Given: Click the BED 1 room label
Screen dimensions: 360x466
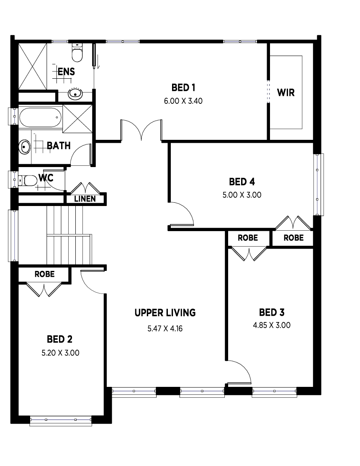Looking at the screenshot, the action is pos(183,88).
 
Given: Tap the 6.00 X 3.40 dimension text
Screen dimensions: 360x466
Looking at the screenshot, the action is pos(183,101).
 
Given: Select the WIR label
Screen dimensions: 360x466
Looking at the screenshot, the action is pos(286,93).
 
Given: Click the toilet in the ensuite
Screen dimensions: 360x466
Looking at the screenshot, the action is pos(77,52).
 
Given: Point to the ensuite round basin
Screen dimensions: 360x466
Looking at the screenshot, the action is pos(75,94).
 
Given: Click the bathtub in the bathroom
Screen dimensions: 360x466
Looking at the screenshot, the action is pos(41,117).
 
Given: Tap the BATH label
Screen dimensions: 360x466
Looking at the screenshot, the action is pos(59,146).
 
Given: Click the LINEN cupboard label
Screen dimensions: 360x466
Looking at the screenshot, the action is pos(85,199).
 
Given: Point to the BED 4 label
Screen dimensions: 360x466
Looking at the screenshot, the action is pos(242,182).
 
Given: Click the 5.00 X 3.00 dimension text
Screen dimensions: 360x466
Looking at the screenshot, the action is pos(242,195).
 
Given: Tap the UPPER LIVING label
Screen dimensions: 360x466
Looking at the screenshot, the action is pos(165,313).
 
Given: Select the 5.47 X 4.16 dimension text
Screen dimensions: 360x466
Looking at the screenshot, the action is pos(165,329).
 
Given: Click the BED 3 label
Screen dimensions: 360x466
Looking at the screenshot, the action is pos(272,312).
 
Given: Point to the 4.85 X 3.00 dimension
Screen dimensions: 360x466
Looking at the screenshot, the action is pos(272,325).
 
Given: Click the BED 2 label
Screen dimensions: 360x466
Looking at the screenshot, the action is pos(60,339).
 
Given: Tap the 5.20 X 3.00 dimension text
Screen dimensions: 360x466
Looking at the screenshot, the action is pos(60,353).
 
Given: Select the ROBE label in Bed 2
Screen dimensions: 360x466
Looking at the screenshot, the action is pos(44,274).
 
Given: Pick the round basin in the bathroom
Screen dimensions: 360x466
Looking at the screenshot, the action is pos(25,147).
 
